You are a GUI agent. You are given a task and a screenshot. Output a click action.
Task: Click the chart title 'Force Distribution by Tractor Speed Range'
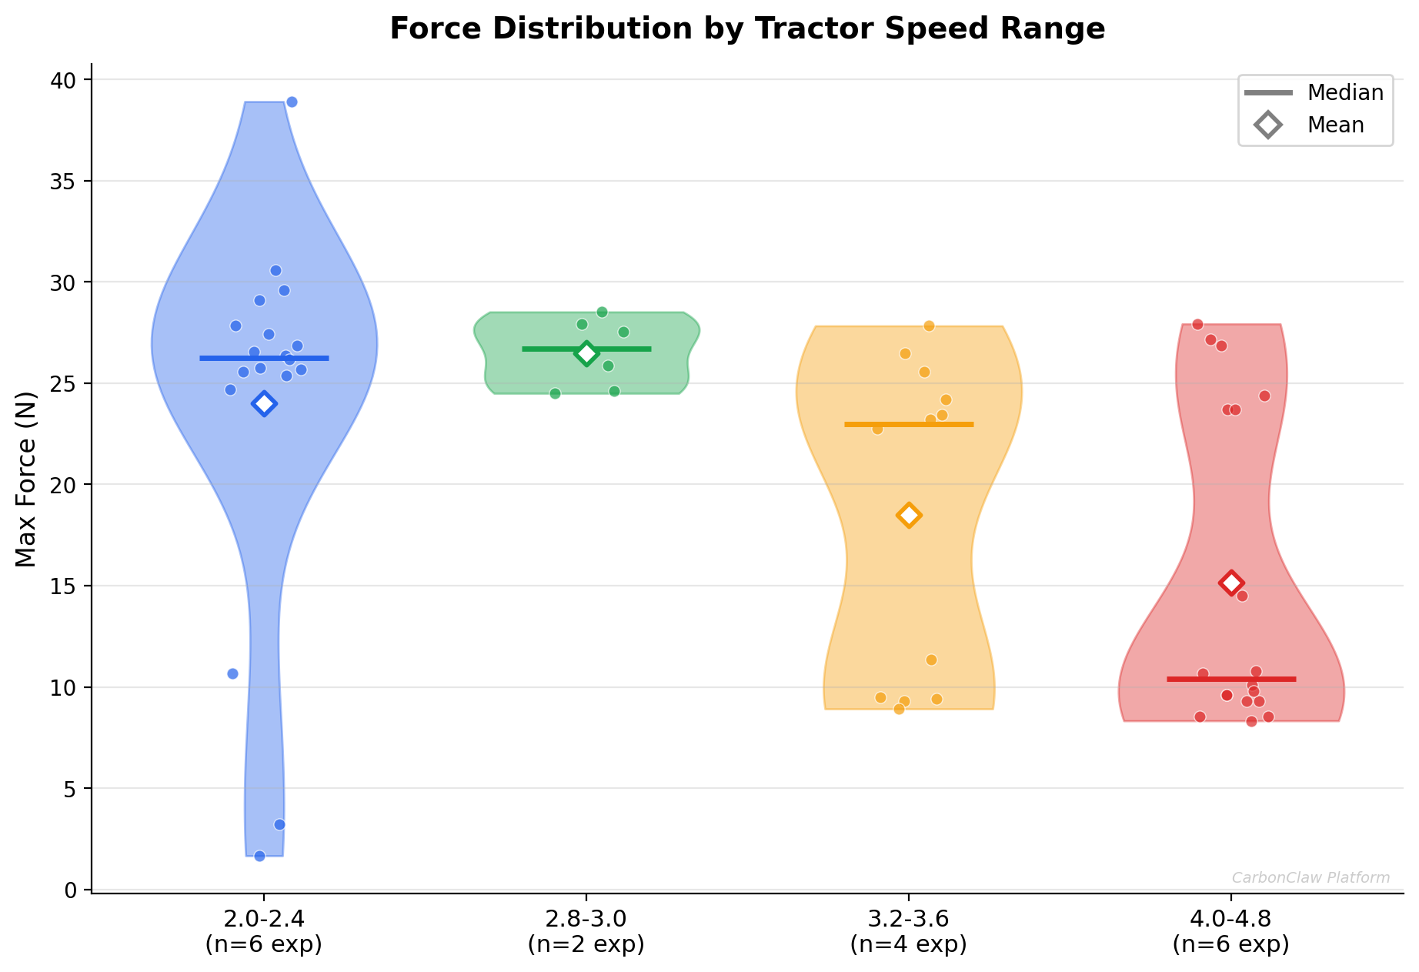point(747,29)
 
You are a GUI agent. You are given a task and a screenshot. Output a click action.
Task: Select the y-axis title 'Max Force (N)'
point(26,479)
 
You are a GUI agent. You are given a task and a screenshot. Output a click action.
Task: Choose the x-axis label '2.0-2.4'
point(264,920)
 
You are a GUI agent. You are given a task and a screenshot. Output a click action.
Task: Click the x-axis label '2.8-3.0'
point(586,920)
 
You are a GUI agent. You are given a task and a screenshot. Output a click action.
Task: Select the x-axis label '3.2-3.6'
point(908,920)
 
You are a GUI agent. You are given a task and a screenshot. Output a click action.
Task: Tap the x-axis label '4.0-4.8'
point(1230,920)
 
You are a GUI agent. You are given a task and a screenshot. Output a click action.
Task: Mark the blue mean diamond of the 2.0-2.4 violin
point(264,403)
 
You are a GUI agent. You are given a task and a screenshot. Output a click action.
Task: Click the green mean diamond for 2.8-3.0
point(586,353)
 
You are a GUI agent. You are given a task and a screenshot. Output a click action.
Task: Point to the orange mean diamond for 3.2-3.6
point(909,515)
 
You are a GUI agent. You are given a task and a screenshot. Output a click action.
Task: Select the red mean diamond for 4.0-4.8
point(1231,583)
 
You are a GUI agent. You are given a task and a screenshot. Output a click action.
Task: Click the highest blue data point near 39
point(292,102)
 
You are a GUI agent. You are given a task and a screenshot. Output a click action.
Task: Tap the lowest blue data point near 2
point(259,856)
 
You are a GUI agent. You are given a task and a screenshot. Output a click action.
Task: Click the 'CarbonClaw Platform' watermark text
point(1310,878)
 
